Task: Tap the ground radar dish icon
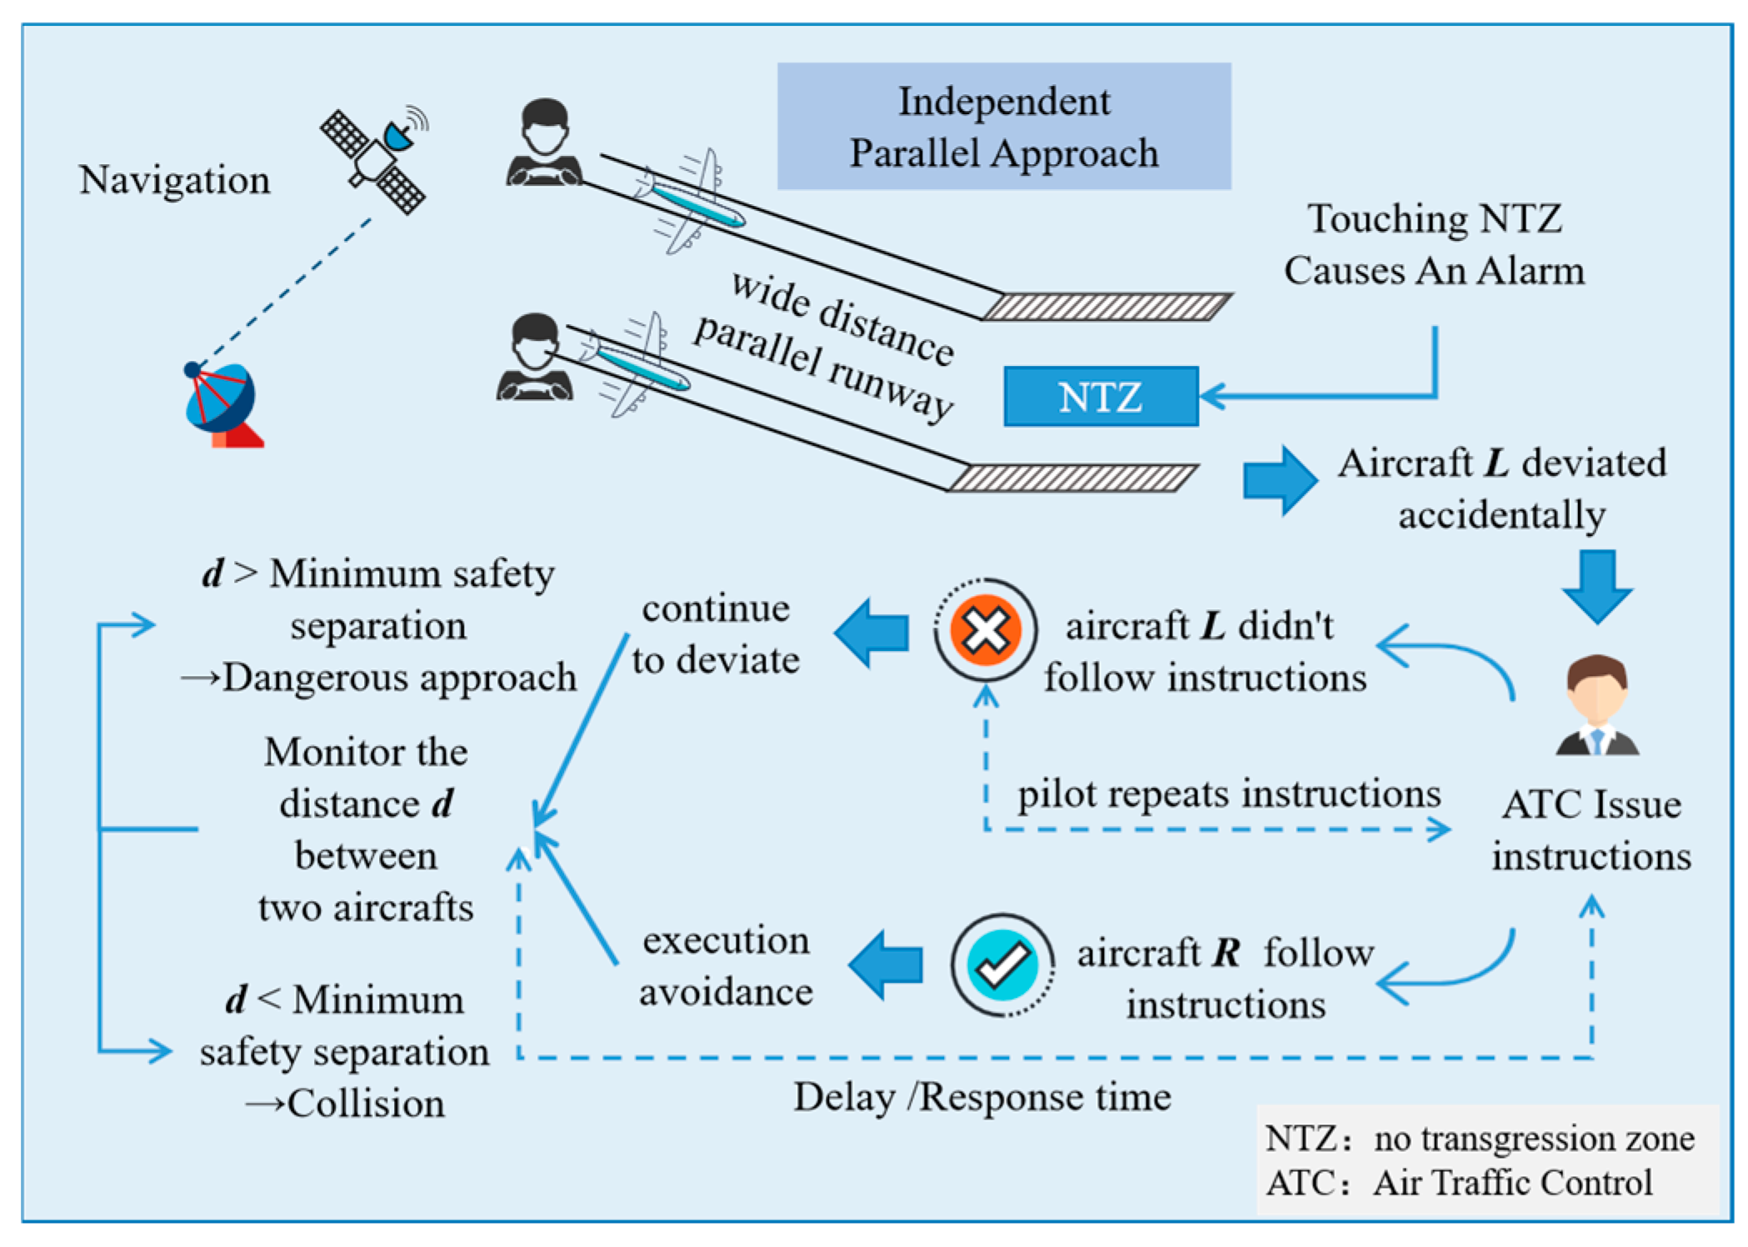[222, 404]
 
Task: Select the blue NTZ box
[1100, 397]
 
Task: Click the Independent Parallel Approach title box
[1003, 127]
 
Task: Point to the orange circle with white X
[985, 629]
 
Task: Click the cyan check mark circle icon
[1002, 964]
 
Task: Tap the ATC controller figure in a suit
[1596, 705]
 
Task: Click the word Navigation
[174, 180]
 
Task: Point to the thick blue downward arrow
[1596, 584]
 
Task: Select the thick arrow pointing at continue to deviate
[872, 632]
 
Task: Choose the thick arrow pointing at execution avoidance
[886, 964]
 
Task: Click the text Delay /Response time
[981, 1097]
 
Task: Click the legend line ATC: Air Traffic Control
[1458, 1183]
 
